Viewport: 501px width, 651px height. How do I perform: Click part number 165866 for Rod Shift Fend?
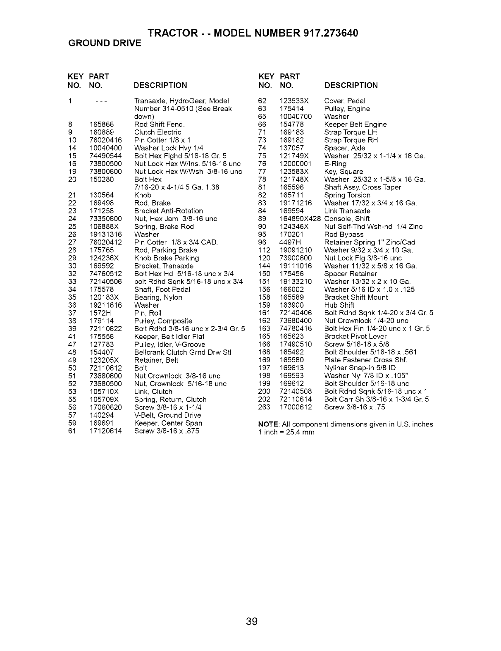point(102,124)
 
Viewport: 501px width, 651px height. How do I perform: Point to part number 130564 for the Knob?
point(102,195)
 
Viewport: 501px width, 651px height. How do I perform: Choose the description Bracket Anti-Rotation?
point(169,211)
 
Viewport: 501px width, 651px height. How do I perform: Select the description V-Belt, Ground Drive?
point(168,415)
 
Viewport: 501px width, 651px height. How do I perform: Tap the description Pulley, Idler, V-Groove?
point(170,345)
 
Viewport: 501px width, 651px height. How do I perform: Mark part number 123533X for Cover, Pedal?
point(295,101)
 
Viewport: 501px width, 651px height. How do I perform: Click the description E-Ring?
point(335,164)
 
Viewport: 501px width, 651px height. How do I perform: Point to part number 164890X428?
point(301,219)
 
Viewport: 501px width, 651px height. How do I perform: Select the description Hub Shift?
point(339,305)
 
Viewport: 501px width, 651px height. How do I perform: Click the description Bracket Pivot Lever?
point(355,337)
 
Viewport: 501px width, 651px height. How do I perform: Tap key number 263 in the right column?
point(264,407)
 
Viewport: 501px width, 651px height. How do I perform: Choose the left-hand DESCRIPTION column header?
point(160,86)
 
